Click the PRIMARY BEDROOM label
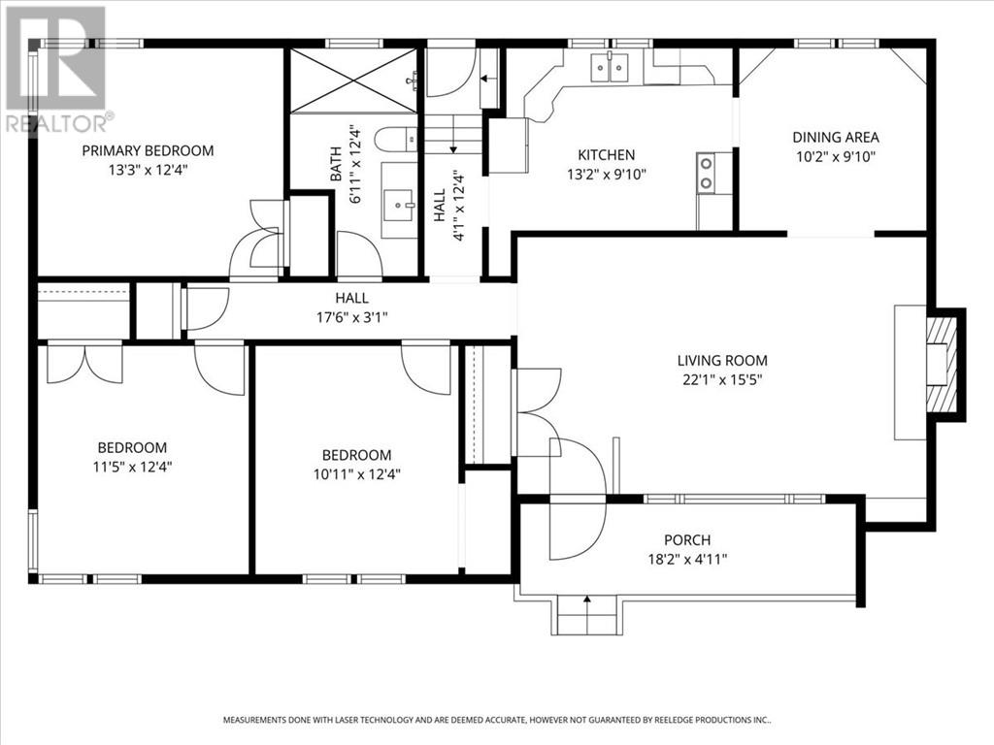tap(148, 150)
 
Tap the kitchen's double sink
tap(610, 68)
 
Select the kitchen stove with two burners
tap(706, 173)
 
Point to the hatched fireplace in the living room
tap(941, 365)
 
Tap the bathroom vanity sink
tap(399, 200)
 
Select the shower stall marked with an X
tap(353, 81)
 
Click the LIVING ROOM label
tap(722, 361)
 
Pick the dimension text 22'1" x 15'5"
tap(722, 380)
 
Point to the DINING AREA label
tap(836, 137)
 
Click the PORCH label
tap(687, 540)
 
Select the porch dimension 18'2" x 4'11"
tap(687, 560)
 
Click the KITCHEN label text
tap(606, 154)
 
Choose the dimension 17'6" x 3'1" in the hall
tap(351, 317)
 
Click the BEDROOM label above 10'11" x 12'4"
tap(357, 455)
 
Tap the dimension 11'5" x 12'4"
tap(132, 467)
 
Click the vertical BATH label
tap(336, 163)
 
